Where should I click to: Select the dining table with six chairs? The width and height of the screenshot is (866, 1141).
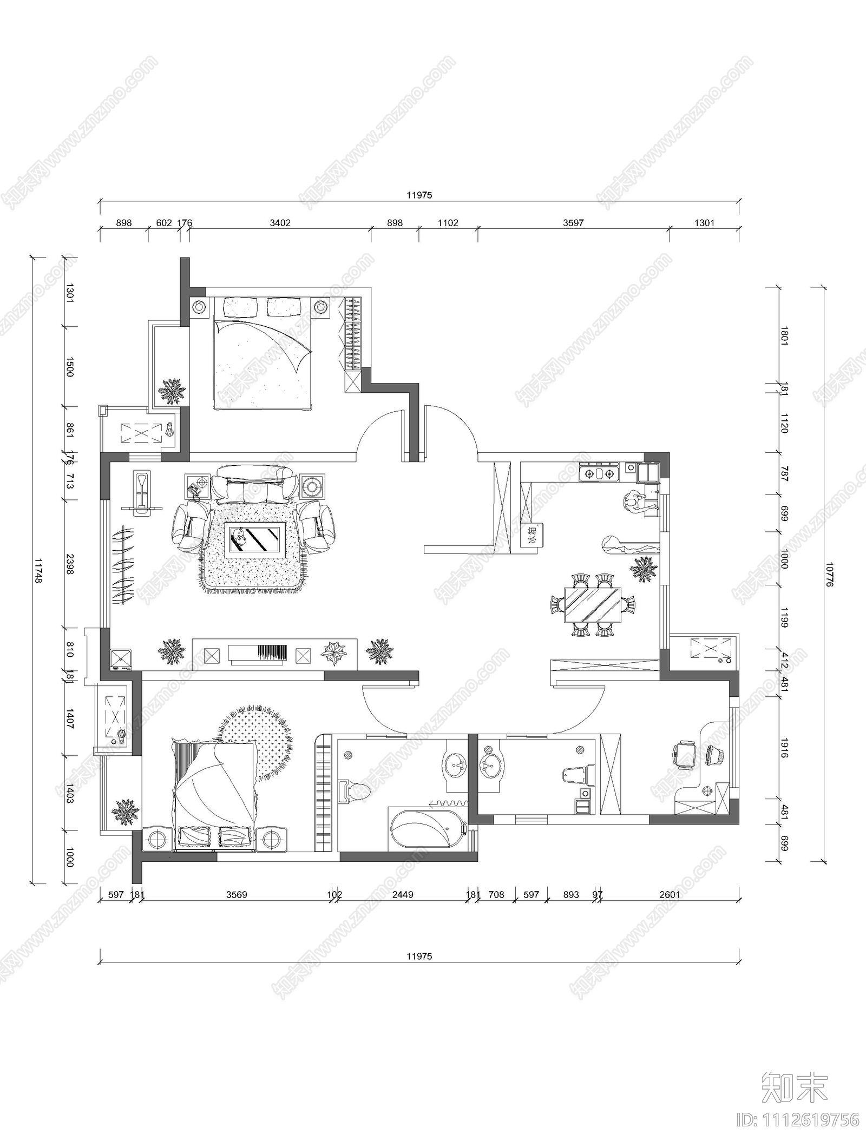(x=593, y=605)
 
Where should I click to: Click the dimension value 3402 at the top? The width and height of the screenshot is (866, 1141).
(x=280, y=223)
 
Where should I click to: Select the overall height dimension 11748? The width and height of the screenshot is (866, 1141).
(x=38, y=571)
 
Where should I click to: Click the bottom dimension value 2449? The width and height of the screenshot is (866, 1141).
(x=402, y=895)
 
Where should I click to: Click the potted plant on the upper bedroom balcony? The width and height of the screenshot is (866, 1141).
(x=172, y=391)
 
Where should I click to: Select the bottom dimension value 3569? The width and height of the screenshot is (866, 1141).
(x=237, y=895)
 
